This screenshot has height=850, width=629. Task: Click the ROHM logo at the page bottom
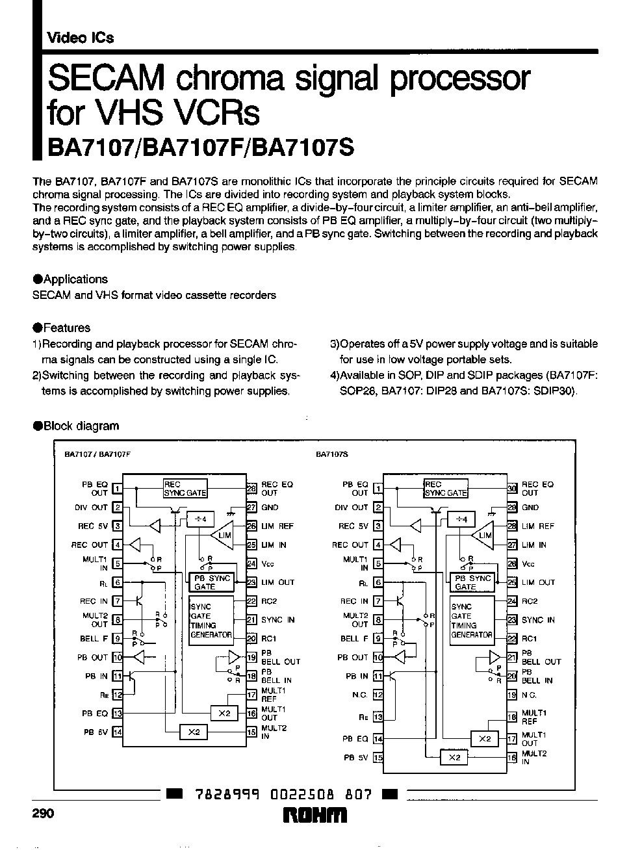315,816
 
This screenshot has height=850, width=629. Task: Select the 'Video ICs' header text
80,38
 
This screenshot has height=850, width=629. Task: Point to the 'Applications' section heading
75,279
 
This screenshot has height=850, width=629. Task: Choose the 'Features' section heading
66,328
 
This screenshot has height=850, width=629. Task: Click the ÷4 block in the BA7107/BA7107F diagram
201,519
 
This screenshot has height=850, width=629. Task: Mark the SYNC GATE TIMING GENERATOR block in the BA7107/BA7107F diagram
211,621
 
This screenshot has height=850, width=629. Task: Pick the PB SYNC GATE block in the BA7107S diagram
473,582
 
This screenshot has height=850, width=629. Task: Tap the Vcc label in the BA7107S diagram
530,564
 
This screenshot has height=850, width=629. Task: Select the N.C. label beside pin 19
529,695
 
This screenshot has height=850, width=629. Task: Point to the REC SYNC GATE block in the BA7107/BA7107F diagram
185,489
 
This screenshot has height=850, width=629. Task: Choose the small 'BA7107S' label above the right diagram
332,456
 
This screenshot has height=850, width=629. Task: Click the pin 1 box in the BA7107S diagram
378,489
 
